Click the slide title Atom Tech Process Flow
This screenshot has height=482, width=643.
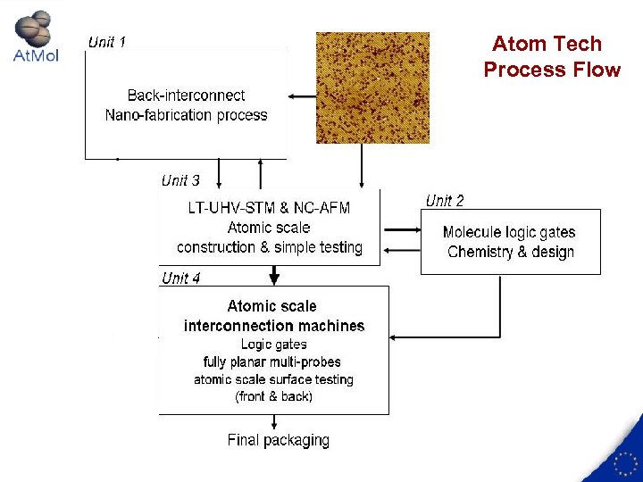click(551, 56)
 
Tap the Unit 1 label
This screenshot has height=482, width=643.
click(106, 42)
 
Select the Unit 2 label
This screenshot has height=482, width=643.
click(444, 201)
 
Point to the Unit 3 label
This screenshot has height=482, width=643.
click(180, 180)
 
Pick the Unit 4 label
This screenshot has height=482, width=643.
click(180, 278)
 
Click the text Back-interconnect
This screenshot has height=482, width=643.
click(186, 95)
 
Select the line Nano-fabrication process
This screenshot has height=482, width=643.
click(186, 114)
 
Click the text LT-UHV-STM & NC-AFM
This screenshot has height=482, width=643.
click(269, 208)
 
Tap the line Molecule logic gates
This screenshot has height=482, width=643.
click(509, 232)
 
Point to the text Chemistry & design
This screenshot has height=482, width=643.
click(510, 252)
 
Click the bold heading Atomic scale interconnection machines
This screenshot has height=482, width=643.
click(273, 316)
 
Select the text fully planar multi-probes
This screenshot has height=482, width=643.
click(272, 361)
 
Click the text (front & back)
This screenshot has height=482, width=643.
click(273, 396)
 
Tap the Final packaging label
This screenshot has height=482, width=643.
click(278, 440)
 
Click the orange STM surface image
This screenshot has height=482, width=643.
click(372, 87)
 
